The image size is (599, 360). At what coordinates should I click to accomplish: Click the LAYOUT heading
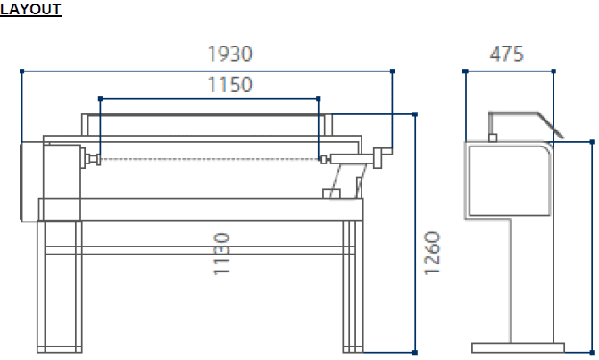pyautogui.click(x=30, y=9)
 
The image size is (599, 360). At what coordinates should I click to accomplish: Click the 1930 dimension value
pyautogui.click(x=230, y=54)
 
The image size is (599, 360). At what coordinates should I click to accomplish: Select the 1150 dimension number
pyautogui.click(x=230, y=85)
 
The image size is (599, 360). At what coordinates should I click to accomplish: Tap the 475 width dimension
pyautogui.click(x=506, y=54)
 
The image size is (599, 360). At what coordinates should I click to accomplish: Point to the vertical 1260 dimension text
pyautogui.click(x=432, y=253)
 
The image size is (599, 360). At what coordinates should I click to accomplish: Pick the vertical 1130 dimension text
pyautogui.click(x=221, y=254)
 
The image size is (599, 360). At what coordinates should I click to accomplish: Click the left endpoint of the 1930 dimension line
pyautogui.click(x=21, y=71)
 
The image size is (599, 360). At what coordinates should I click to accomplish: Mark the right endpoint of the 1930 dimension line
pyautogui.click(x=392, y=71)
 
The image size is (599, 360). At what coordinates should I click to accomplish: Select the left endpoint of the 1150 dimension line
pyautogui.click(x=101, y=99)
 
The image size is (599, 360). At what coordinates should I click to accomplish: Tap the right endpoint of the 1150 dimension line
pyautogui.click(x=319, y=99)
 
